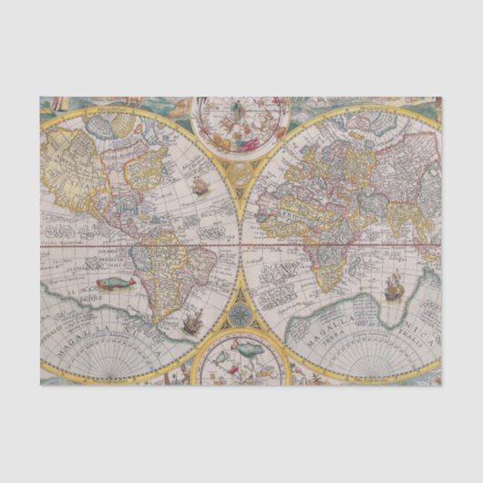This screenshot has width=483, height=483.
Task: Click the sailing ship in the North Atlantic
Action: [x=199, y=189]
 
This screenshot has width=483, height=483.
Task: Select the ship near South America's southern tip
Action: [x=191, y=320]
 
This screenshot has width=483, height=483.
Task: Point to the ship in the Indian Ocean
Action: [x=395, y=287]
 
